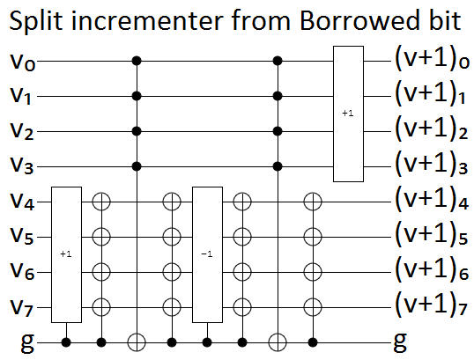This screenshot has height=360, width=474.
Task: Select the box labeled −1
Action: coord(206,253)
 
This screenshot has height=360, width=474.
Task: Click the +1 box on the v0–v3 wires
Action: coord(347,114)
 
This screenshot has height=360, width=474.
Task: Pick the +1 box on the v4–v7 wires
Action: coord(66,253)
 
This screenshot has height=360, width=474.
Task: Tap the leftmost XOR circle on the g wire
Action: coord(137,340)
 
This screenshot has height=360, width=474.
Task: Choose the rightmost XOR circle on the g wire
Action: coord(278,340)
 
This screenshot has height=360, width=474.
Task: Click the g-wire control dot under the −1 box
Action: coord(207,340)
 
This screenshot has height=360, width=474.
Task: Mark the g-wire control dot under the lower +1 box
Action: coord(67,340)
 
